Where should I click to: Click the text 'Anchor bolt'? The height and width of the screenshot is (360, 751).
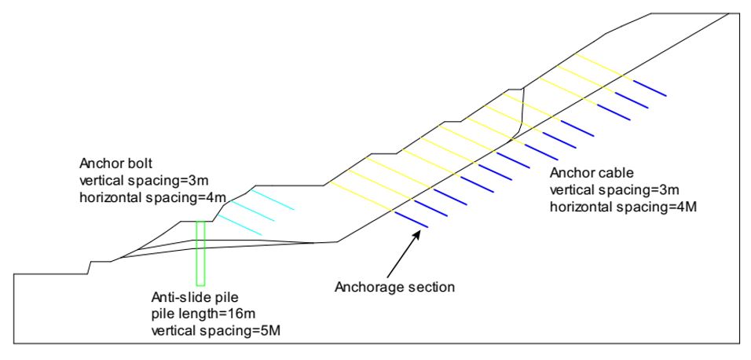115,164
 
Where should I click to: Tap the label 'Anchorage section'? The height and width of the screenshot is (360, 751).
394,288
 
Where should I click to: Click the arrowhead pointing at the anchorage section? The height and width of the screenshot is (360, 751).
417,235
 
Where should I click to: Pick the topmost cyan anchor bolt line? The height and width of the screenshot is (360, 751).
272,200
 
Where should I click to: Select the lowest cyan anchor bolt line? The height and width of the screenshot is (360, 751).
240,225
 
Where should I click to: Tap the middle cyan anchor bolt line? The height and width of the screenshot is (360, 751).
252,211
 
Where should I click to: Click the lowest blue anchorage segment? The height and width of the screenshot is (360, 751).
411,219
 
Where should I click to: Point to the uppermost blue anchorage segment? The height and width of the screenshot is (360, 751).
650,88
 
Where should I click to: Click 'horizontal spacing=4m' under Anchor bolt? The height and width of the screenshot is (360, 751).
153,197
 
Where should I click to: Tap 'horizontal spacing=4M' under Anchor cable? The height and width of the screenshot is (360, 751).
623,207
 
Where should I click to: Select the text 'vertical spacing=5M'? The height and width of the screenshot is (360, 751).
215,331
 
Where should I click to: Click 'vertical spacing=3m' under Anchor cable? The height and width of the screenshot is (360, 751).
614,190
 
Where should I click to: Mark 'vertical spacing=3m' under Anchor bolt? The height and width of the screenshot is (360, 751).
145,181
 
